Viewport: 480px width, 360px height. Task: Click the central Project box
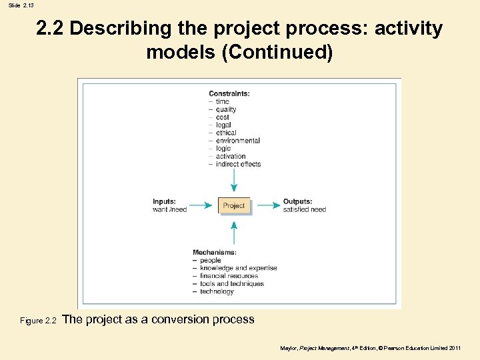[x=233, y=205]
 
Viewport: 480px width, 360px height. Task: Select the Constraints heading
[x=229, y=93]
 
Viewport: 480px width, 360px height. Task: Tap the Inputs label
[x=164, y=201]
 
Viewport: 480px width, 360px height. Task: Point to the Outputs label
[x=297, y=201]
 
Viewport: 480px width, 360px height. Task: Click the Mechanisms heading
[x=214, y=252]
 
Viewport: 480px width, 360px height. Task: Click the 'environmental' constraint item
[x=237, y=141]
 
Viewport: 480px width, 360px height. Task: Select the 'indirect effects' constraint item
[x=238, y=164]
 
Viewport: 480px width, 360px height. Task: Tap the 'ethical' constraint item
[x=226, y=133]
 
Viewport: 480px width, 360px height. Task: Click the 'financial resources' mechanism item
[x=237, y=276]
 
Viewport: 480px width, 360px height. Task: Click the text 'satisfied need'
[x=305, y=209]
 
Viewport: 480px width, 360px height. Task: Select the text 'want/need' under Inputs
[x=169, y=209]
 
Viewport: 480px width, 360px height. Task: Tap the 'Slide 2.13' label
[x=21, y=5]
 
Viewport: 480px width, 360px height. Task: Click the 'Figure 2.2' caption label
[x=39, y=321]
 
